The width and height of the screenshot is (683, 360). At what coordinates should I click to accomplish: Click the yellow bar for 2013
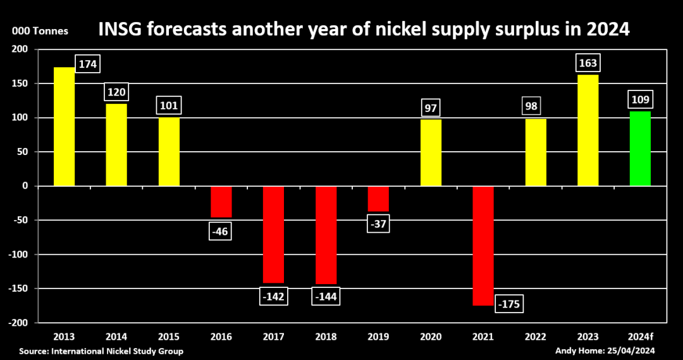click(65, 127)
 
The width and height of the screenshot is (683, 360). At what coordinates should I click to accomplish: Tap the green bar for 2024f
click(640, 149)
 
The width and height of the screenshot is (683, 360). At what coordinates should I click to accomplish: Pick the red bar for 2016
click(221, 202)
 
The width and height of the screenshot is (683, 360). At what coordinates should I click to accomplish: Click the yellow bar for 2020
click(431, 152)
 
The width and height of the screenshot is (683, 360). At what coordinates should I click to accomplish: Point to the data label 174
click(88, 65)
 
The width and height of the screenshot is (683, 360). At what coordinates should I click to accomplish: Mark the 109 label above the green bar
click(640, 99)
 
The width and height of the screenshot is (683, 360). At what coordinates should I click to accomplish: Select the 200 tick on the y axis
click(21, 49)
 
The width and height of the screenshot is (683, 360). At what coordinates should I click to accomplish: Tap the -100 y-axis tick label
click(19, 254)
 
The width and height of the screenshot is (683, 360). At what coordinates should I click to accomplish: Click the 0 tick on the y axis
click(26, 186)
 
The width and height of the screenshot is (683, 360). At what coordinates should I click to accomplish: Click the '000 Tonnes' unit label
click(39, 31)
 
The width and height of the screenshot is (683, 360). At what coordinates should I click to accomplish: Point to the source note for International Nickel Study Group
click(101, 351)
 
